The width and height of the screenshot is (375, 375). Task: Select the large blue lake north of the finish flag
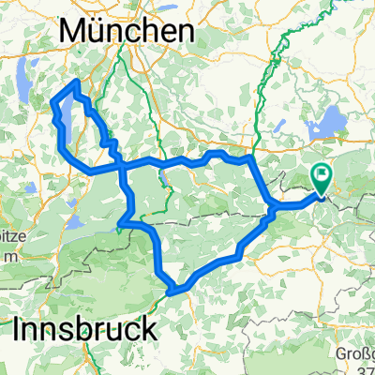tap(334, 120)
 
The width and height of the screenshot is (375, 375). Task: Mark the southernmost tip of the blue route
tap(170, 293)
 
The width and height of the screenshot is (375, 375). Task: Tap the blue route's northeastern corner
tap(249, 160)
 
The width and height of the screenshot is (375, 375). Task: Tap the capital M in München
tap(71, 31)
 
